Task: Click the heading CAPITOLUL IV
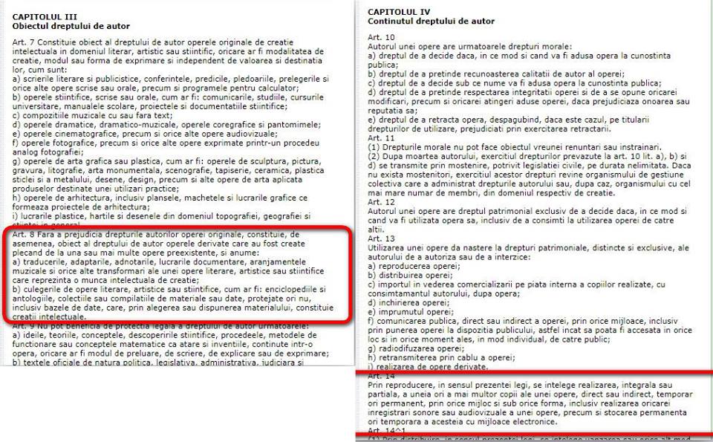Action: (x=399, y=12)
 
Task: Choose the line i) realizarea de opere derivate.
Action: (x=423, y=367)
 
